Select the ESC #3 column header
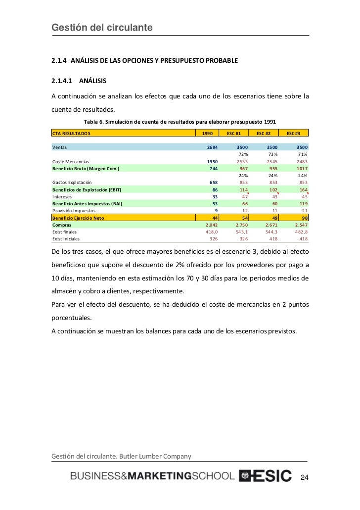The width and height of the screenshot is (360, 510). pyautogui.click(x=294, y=133)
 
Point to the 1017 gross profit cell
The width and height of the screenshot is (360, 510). pyautogui.click(x=300, y=168)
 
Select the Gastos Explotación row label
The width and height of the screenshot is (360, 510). pyautogui.click(x=72, y=183)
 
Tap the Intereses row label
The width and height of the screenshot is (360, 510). pyautogui.click(x=63, y=196)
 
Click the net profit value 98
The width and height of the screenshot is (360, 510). pyautogui.click(x=304, y=218)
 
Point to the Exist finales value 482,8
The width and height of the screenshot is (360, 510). pyautogui.click(x=299, y=232)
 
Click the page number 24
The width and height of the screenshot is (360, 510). pyautogui.click(x=304, y=477)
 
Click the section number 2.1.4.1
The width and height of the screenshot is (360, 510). pyautogui.click(x=62, y=80)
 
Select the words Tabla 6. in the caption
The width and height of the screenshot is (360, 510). pyautogui.click(x=95, y=122)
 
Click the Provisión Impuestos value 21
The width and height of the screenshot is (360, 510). pyautogui.click(x=304, y=210)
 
